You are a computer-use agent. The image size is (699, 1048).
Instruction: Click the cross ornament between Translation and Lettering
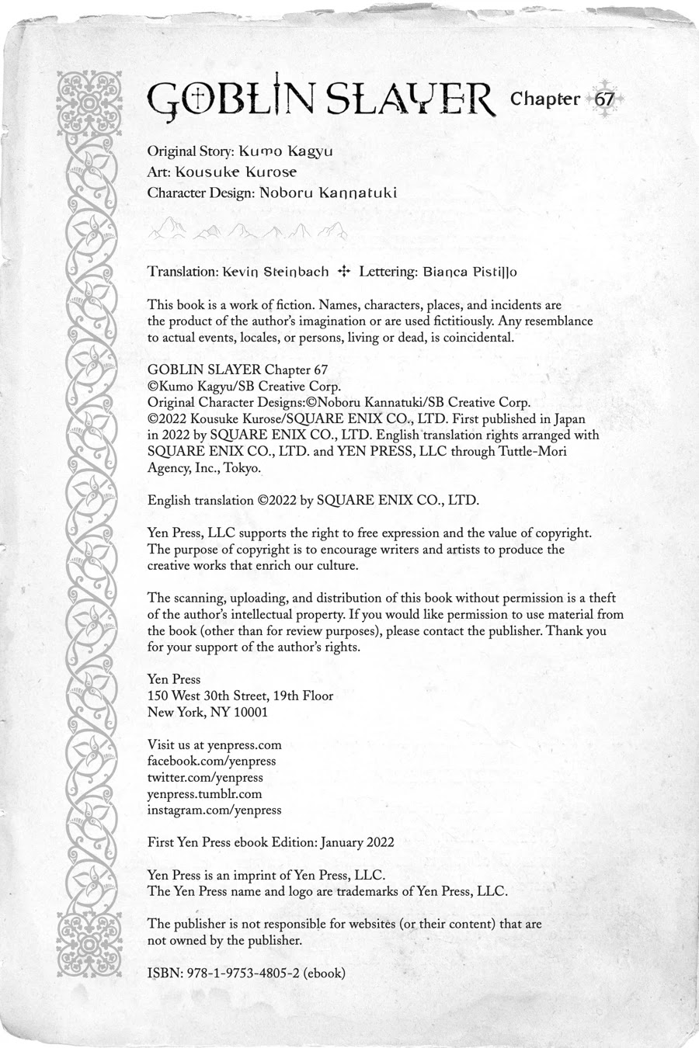click(345, 272)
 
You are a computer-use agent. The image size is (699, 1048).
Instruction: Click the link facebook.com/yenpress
click(211, 762)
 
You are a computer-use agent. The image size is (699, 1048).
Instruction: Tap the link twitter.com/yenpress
click(205, 778)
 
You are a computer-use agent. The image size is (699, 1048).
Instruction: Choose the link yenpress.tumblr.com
click(204, 794)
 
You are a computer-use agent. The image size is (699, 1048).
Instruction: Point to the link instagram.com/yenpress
click(214, 810)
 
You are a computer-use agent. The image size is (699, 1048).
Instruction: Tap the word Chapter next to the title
click(545, 99)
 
